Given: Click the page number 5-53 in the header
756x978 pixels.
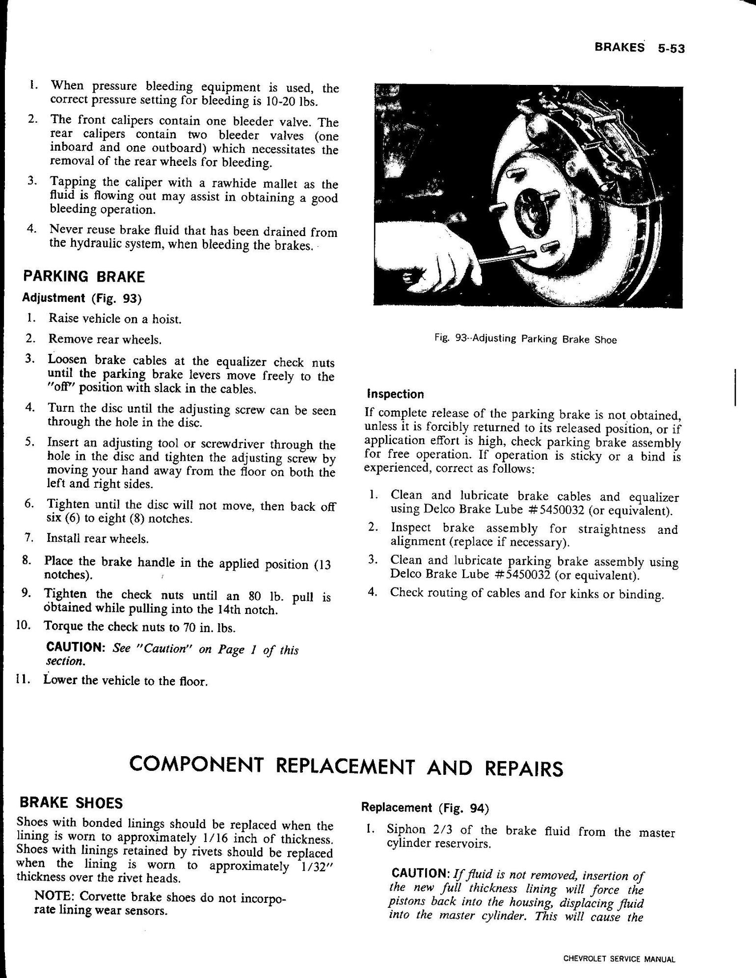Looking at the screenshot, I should click(671, 48).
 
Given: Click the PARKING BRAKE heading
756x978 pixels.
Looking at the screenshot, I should click(84, 277).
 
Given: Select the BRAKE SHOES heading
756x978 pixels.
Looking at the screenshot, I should click(70, 803).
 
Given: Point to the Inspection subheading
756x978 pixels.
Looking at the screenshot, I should click(395, 394).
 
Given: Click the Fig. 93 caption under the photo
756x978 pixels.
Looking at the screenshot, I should click(525, 339).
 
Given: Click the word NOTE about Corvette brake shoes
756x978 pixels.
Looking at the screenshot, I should click(54, 896).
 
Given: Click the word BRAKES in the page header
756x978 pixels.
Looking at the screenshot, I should click(619, 48).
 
